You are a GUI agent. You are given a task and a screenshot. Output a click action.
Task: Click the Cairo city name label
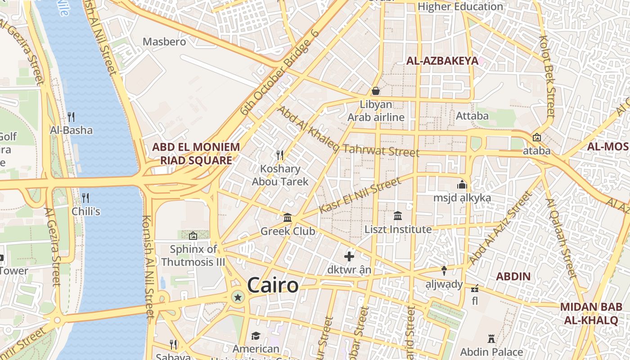[x=273, y=285]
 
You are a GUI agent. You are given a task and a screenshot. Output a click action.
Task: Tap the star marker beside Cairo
[x=238, y=297]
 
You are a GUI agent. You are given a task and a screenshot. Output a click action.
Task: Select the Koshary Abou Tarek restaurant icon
[x=280, y=155]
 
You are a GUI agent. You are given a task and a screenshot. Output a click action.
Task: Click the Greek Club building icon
[x=288, y=218]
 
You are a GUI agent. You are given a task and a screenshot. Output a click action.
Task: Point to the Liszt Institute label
[x=398, y=229]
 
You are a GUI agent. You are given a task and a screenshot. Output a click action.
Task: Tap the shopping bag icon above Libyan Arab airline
[x=376, y=91]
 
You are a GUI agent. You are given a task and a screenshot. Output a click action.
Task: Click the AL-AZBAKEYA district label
[x=442, y=61]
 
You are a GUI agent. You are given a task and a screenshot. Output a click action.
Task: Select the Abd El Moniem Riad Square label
[x=196, y=153]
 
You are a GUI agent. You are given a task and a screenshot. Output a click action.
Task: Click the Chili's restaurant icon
[x=85, y=198]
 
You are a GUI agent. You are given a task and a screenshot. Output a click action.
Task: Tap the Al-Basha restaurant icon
[x=71, y=117]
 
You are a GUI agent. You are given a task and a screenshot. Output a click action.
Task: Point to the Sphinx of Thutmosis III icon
[x=193, y=235]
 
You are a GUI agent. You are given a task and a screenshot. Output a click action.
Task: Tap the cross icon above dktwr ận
[x=349, y=256]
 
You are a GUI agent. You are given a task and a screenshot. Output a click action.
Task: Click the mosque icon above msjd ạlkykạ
[x=462, y=184]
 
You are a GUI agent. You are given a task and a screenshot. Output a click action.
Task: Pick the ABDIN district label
[x=513, y=276]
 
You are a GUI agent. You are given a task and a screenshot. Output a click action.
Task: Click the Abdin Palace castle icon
[x=491, y=338]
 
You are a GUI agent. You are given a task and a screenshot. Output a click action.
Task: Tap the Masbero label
[x=164, y=42]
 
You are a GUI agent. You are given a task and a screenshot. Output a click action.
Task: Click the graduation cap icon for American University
[x=256, y=336]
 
